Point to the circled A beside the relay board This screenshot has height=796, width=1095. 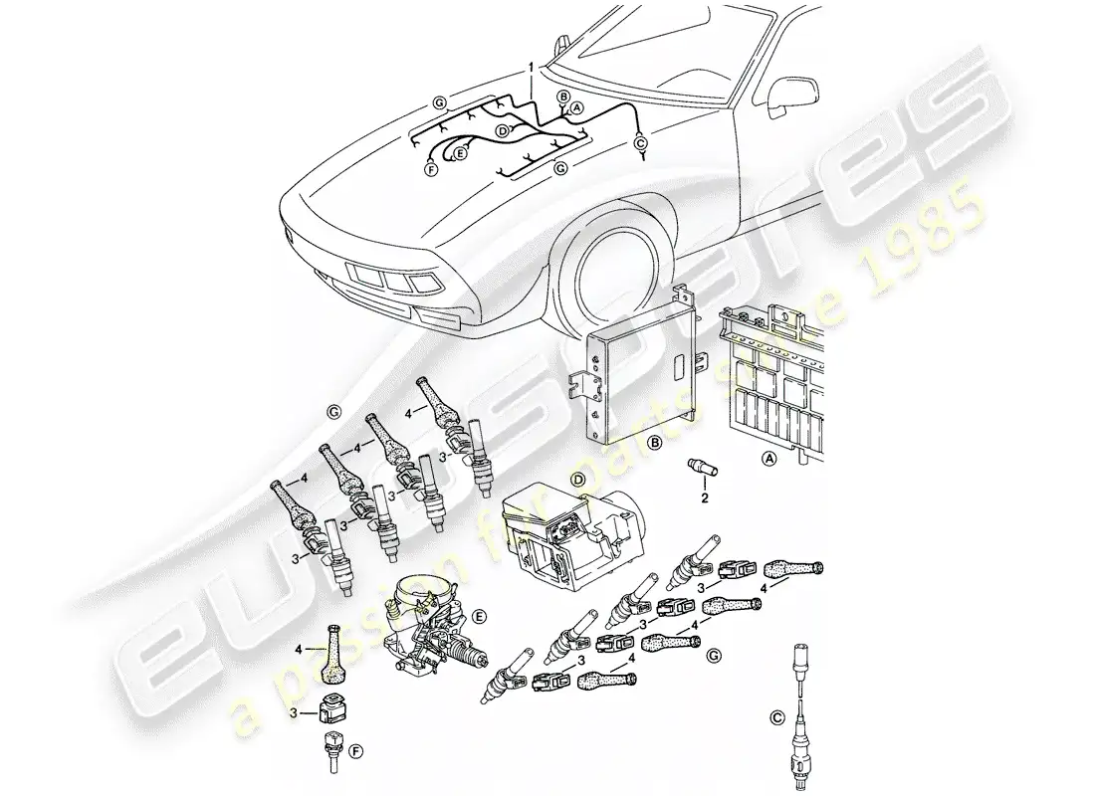coord(767,459)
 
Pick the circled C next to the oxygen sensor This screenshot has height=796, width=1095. coord(775,712)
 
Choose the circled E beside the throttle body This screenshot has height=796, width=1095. coord(480,617)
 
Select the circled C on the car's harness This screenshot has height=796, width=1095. coord(639,143)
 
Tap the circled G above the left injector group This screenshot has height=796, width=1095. coord(331,410)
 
